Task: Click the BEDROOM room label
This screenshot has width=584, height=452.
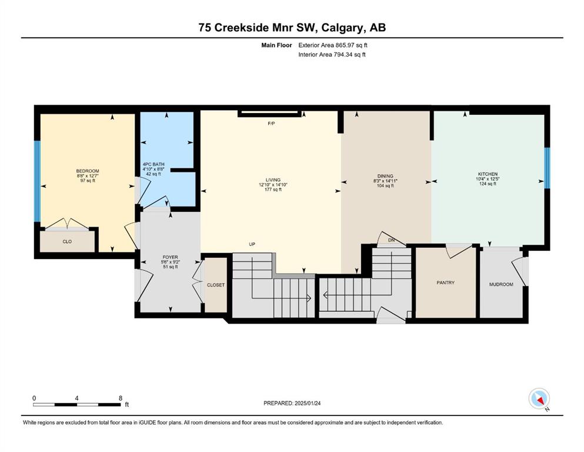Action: coord(88,171)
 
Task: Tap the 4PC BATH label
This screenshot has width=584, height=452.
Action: coord(153,164)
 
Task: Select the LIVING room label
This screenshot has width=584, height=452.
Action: coord(273,180)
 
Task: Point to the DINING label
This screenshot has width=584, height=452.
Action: coord(385,176)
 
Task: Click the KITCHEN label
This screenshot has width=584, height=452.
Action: coord(488,174)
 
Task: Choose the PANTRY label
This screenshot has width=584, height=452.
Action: coord(445,282)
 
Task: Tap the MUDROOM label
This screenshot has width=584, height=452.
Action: coord(501,284)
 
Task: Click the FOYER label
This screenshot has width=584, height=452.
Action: coord(170,257)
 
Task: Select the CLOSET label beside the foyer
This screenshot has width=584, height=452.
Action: coord(216,285)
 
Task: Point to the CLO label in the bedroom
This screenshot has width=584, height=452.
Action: coord(67,241)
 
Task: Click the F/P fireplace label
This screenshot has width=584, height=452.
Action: coord(271,124)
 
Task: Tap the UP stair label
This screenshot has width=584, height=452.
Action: coord(252,244)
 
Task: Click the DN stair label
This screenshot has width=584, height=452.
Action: coord(392,240)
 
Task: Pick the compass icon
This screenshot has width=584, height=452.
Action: coord(539,398)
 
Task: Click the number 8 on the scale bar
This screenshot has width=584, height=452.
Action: coord(121,398)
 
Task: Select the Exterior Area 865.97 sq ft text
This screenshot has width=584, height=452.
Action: coord(333,45)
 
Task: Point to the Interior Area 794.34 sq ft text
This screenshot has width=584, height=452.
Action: coord(332,54)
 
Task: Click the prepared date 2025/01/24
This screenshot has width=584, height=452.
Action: coord(308,403)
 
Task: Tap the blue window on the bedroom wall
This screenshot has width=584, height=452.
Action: coord(37,181)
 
